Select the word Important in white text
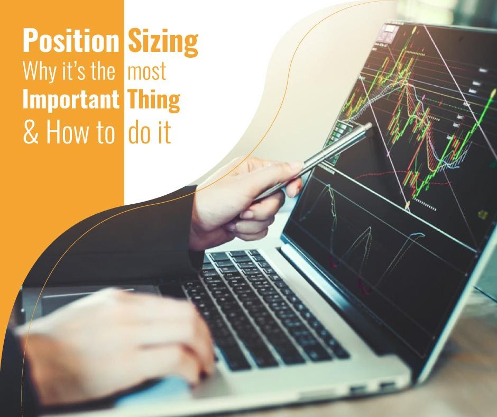pos(70,100)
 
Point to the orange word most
pos(147,72)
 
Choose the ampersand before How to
pos(31,133)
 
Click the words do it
pos(150,133)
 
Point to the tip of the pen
pos(369,125)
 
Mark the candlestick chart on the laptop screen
pos(418,122)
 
